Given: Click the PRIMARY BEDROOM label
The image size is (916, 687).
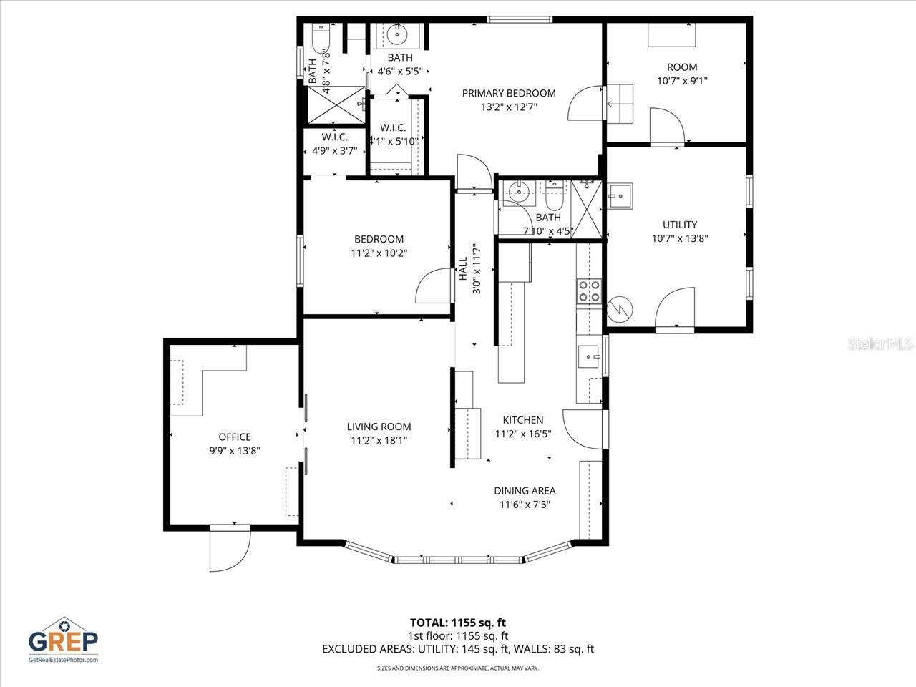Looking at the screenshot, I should click(508, 93).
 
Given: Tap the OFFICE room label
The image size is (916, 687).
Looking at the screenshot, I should click(235, 437).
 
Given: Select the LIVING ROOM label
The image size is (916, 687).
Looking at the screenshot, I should click(379, 427).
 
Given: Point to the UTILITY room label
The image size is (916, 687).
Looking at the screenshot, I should click(679, 225).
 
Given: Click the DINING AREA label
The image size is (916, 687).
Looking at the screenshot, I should click(525, 491).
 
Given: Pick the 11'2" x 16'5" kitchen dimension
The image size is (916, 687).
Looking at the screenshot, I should click(523, 434).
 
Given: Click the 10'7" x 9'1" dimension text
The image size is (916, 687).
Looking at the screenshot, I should click(682, 81).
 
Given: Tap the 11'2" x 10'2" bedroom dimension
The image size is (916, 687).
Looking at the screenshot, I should click(379, 253).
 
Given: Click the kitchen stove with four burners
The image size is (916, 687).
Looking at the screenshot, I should click(589, 291).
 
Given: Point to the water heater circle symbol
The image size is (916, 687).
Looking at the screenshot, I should click(617, 309).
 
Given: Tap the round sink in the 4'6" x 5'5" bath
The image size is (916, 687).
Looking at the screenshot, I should click(396, 34).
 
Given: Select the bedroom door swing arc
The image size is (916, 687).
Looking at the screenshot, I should click(432, 288).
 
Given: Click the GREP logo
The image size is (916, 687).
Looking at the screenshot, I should click(63, 639).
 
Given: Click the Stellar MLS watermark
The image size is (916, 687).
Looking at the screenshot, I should click(880, 345).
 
